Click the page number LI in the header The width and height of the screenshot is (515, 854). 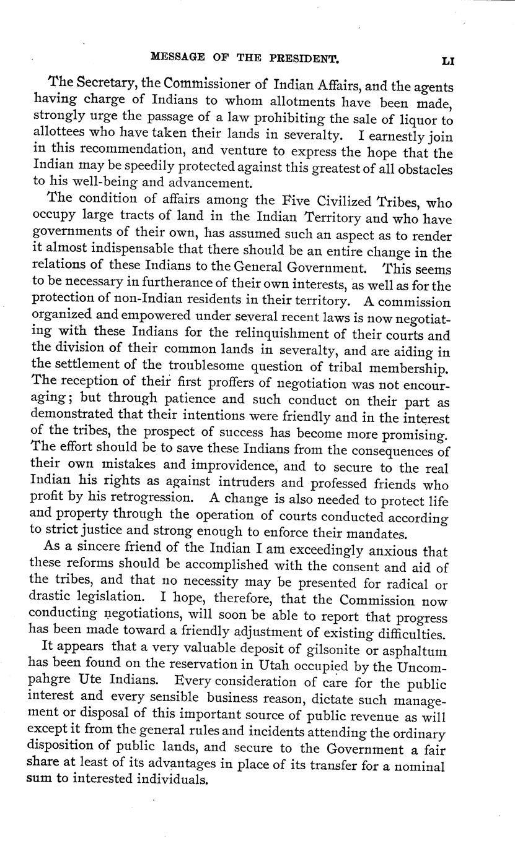448,61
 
